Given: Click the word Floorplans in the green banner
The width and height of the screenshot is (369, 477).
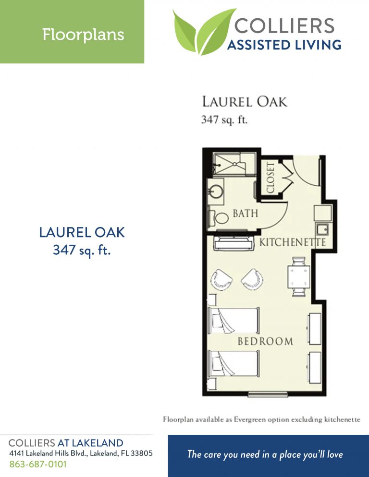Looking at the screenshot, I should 83,35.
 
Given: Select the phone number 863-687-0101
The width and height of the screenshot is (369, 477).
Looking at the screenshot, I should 38,464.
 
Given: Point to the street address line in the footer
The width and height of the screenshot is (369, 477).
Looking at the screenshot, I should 81,453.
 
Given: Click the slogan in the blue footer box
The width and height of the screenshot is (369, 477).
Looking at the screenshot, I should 265,454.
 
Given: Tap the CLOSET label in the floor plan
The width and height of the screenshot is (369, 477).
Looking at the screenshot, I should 270,177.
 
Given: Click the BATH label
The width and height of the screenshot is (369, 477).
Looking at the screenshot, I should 246,213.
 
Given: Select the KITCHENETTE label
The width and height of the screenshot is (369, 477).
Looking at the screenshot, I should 293,242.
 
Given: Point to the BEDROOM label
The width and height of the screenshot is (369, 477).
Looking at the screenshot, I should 265,341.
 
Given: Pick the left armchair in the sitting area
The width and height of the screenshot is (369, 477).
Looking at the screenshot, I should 221,279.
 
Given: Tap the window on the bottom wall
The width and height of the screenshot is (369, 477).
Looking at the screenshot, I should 268,394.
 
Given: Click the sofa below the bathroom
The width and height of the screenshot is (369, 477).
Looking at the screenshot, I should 233,243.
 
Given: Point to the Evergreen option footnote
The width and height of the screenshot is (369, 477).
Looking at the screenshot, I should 261,419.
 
